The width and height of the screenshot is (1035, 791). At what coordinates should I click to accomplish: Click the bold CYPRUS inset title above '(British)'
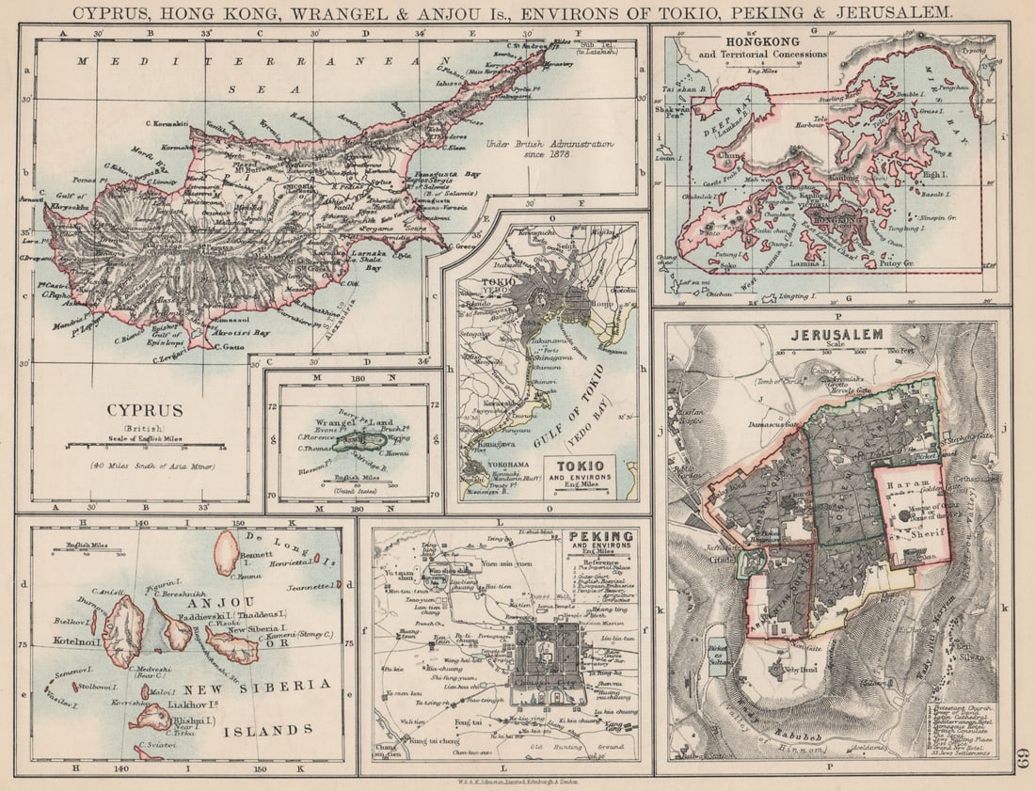(145, 410)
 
